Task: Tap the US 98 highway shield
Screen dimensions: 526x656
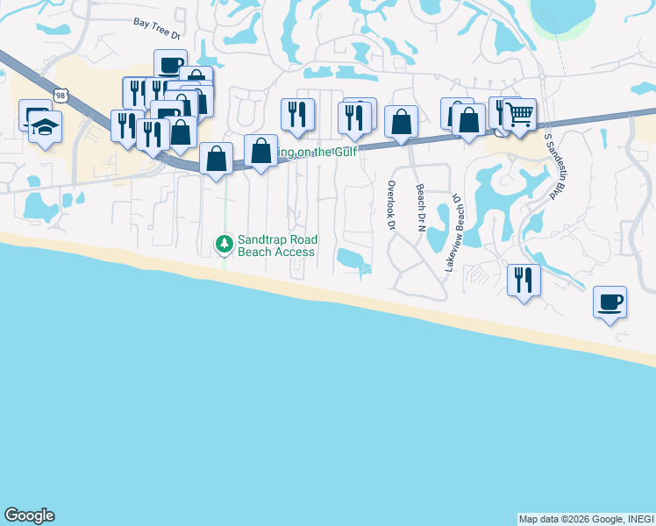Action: pyautogui.click(x=60, y=94)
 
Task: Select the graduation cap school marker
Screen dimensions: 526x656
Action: pyautogui.click(x=45, y=127)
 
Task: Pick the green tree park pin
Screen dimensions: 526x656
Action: pyautogui.click(x=225, y=243)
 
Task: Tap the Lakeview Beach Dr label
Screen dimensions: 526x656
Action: pyautogui.click(x=453, y=232)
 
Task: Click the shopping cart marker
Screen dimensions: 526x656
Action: pyautogui.click(x=519, y=114)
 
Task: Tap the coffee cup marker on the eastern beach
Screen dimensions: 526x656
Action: pyautogui.click(x=610, y=302)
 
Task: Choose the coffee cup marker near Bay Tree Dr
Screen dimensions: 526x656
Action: pyautogui.click(x=170, y=65)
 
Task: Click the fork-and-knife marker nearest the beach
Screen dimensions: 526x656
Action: pyautogui.click(x=524, y=280)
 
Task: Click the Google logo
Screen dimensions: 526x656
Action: pyautogui.click(x=29, y=515)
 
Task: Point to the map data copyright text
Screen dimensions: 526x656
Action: pyautogui.click(x=585, y=519)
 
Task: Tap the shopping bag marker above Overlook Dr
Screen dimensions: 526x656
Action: pyautogui.click(x=401, y=123)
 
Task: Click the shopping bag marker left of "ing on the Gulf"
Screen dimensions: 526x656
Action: pyautogui.click(x=260, y=151)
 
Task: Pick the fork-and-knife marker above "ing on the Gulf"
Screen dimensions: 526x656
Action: pyautogui.click(x=297, y=114)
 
